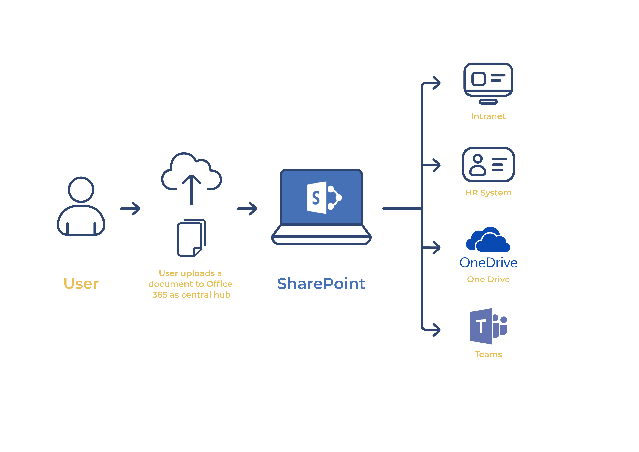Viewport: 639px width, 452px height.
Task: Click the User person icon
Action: click(x=81, y=206)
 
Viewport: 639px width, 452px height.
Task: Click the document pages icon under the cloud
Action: click(x=191, y=238)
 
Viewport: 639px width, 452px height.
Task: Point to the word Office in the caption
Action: click(x=219, y=284)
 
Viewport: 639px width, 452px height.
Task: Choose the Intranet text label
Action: click(x=488, y=116)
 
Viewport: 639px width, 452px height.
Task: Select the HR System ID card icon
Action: click(x=488, y=165)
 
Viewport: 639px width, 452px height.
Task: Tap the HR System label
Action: click(x=488, y=193)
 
